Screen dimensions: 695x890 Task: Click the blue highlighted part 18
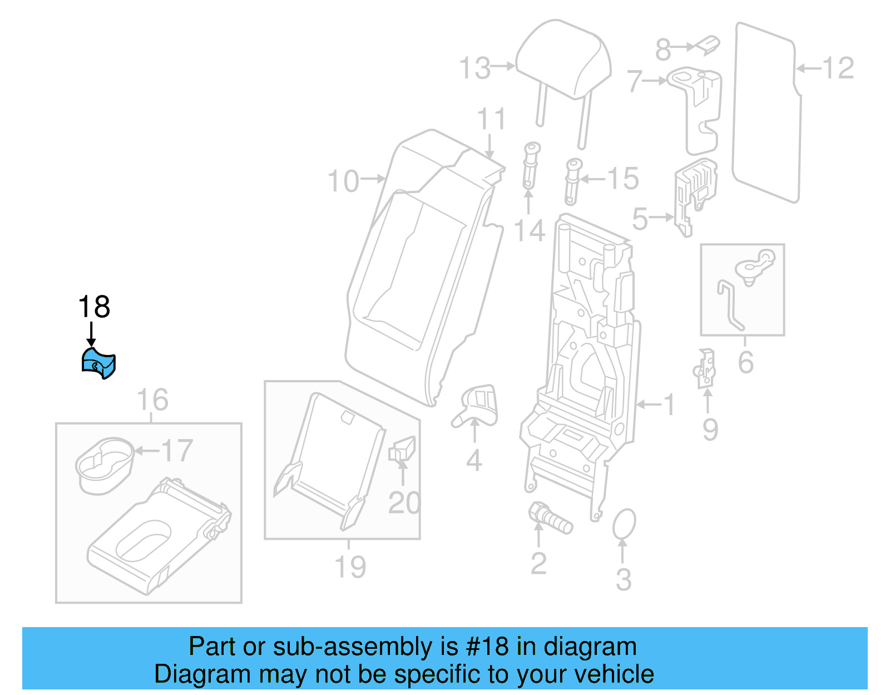pyautogui.click(x=98, y=363)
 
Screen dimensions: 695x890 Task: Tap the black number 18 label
pyautogui.click(x=94, y=307)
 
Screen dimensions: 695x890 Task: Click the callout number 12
pyautogui.click(x=838, y=68)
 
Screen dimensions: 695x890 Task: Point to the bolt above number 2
pyautogui.click(x=550, y=518)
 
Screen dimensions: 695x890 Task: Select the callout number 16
pyautogui.click(x=152, y=400)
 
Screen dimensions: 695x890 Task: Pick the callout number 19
pyautogui.click(x=350, y=567)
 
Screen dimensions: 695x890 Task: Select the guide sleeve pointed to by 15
pyautogui.click(x=572, y=181)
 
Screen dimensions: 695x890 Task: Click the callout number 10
pyautogui.click(x=343, y=181)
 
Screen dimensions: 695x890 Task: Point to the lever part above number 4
pyautogui.click(x=477, y=403)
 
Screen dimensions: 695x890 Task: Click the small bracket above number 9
pyautogui.click(x=705, y=368)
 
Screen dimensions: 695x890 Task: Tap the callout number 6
pyautogui.click(x=745, y=362)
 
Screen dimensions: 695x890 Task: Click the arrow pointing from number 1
pyautogui.click(x=648, y=404)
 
